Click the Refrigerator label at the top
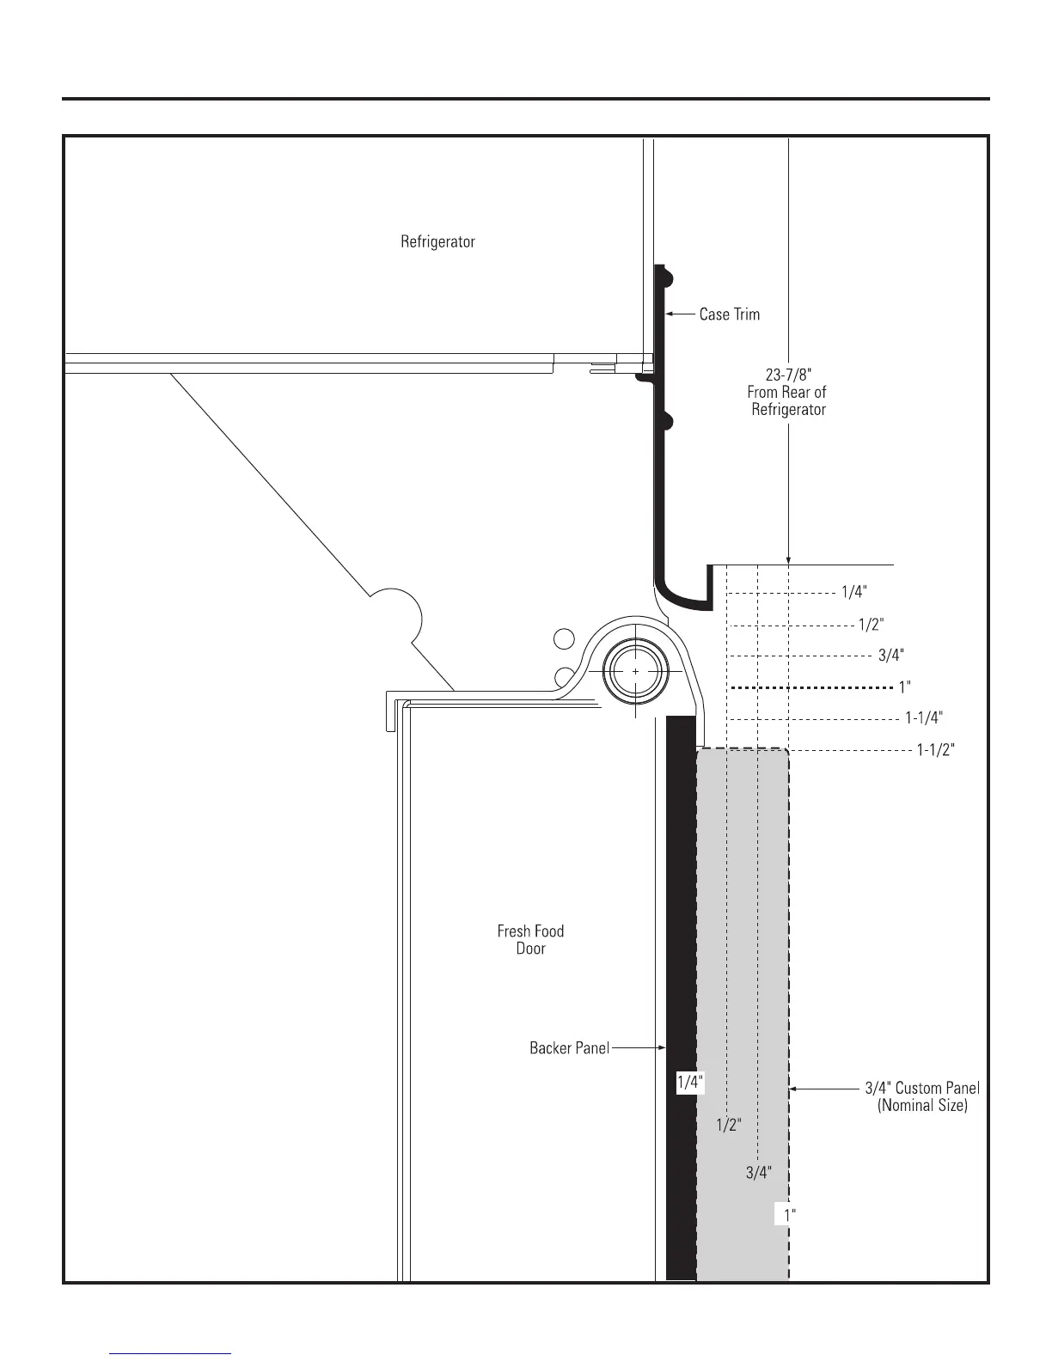[x=437, y=241]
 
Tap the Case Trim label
[x=729, y=314]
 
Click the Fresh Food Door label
[x=530, y=939]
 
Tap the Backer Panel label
[x=569, y=1047]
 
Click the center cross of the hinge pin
[x=635, y=670]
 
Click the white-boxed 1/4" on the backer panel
[x=689, y=1083]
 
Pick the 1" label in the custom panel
[x=789, y=1214]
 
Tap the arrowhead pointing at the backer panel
[x=662, y=1047]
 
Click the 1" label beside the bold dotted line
[x=904, y=687]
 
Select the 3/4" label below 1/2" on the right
[x=890, y=656]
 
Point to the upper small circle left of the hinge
[x=564, y=638]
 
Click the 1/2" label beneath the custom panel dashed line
[x=728, y=1124]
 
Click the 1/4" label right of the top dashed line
[x=853, y=592]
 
